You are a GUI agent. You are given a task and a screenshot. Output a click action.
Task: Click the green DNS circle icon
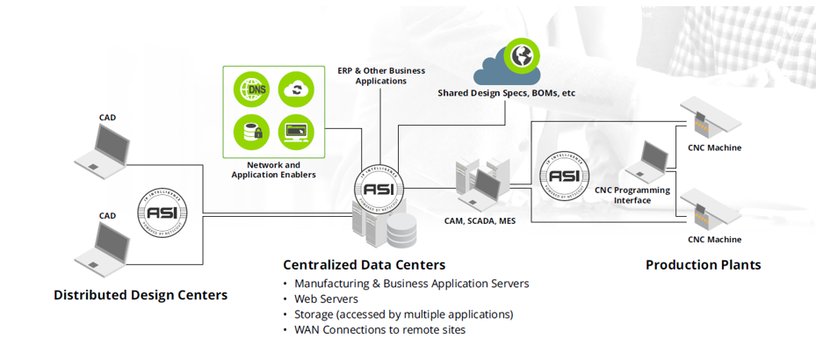(x=252, y=89)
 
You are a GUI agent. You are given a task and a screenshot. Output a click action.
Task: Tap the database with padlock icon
(x=252, y=132)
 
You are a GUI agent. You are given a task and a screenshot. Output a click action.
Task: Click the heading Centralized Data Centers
(x=364, y=264)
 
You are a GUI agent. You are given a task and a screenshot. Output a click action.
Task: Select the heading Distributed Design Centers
(x=141, y=295)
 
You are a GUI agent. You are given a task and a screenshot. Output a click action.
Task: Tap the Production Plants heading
(x=704, y=264)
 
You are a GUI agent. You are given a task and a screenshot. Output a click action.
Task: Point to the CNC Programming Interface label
(x=632, y=195)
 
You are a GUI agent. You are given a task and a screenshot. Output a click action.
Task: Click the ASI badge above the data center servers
(x=380, y=187)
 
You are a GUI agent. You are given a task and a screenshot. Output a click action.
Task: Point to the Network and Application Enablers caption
(x=273, y=169)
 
